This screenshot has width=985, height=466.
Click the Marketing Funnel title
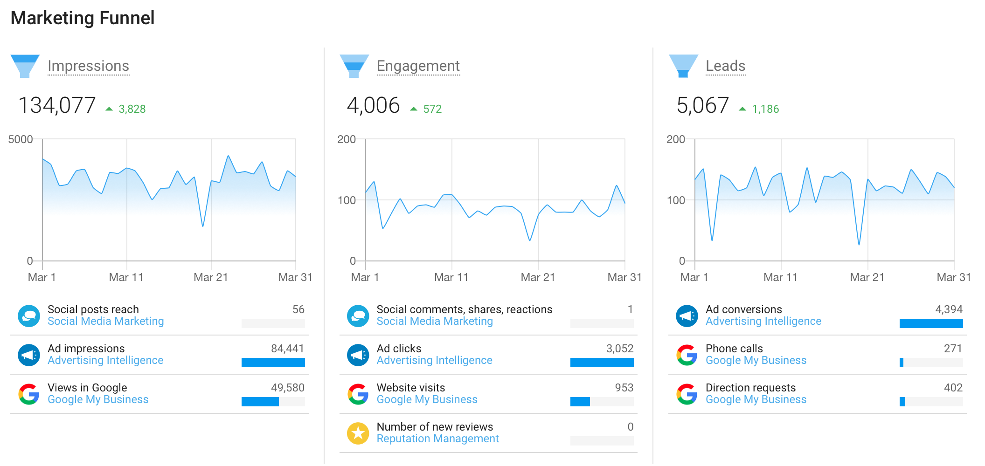point(82,18)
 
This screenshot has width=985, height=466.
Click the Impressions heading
point(88,66)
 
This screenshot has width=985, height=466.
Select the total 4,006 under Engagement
point(373,105)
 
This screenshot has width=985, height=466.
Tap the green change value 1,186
point(765,109)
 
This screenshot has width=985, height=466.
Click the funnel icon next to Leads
point(683,66)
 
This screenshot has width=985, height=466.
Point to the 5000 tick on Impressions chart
point(21,139)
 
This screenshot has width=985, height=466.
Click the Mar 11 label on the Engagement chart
point(451,277)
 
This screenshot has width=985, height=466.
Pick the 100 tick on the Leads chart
point(675,200)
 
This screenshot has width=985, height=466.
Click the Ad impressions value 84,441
point(287,349)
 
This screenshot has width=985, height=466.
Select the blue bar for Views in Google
point(260,402)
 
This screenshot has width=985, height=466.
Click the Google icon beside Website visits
point(358,394)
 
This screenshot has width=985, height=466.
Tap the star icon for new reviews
point(358,433)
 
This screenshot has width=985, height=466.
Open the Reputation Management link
point(437,439)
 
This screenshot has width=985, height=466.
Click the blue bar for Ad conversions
point(931,323)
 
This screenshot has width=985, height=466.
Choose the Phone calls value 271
point(952,349)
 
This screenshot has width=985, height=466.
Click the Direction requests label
point(750,388)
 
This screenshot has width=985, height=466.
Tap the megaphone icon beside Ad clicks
point(358,355)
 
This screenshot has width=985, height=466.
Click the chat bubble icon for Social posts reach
point(29,316)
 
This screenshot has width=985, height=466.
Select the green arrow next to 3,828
point(109,109)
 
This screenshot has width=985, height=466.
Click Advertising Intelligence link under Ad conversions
point(763,322)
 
